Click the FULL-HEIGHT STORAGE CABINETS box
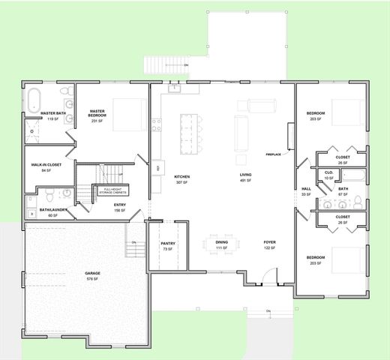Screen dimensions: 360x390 pos(110,190)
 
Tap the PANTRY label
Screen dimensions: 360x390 pos(168,244)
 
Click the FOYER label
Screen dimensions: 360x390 pos(270,243)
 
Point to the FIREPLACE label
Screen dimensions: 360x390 pos(273,154)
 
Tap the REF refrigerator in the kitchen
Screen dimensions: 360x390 pos(157,167)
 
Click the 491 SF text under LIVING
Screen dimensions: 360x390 pos(244,181)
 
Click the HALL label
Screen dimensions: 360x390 pos(306,189)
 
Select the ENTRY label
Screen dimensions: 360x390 pos(119,205)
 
